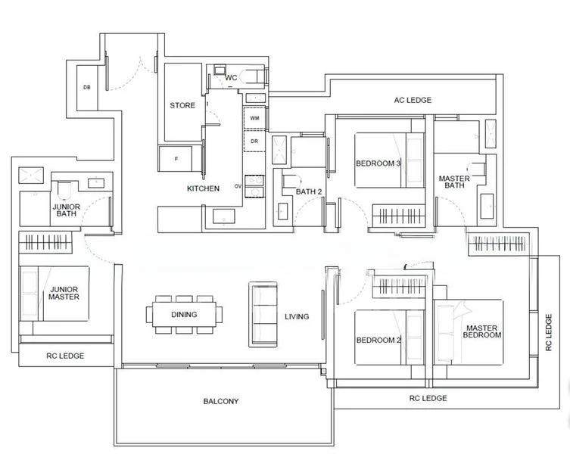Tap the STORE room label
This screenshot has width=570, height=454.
182,106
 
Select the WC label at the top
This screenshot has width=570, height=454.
231,77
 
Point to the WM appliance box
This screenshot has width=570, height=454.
254,118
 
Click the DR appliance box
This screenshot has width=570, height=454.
254,141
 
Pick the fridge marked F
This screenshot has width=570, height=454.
176,160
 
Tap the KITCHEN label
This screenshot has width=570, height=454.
204,188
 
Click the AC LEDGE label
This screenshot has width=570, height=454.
413,101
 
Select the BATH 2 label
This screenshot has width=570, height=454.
309,192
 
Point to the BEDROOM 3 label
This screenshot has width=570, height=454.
378,163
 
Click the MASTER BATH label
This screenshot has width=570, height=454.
454,182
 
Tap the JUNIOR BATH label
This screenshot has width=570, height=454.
67,210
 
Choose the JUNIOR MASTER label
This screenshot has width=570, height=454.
65,293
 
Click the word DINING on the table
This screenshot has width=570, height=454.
184,315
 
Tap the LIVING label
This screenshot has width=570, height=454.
297,316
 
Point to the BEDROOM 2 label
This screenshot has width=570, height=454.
378,340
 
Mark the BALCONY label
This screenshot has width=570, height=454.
221,401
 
